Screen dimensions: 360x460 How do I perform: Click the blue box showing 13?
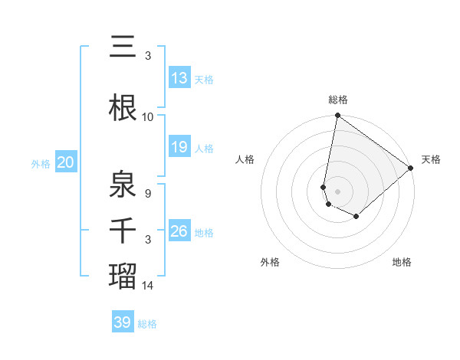click(x=179, y=78)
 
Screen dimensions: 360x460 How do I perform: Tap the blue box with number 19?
click(x=179, y=147)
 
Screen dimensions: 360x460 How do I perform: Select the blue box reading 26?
click(x=179, y=231)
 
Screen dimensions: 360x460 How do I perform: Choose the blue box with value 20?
click(x=65, y=162)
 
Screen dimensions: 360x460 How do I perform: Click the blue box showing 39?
click(x=123, y=322)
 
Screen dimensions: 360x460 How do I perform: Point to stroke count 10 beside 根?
click(x=147, y=117)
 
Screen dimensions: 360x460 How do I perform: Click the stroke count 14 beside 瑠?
click(x=147, y=286)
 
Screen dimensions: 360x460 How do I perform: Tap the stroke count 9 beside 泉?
click(x=147, y=194)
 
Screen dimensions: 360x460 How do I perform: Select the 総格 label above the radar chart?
click(x=338, y=100)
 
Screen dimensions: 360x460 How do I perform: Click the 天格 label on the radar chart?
click(x=431, y=159)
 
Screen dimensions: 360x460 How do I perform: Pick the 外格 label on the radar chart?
click(x=270, y=262)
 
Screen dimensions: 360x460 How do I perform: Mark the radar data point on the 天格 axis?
click(x=411, y=168)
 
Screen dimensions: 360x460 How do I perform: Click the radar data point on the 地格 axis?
click(x=356, y=217)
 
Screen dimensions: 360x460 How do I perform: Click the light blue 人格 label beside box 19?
click(x=204, y=148)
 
